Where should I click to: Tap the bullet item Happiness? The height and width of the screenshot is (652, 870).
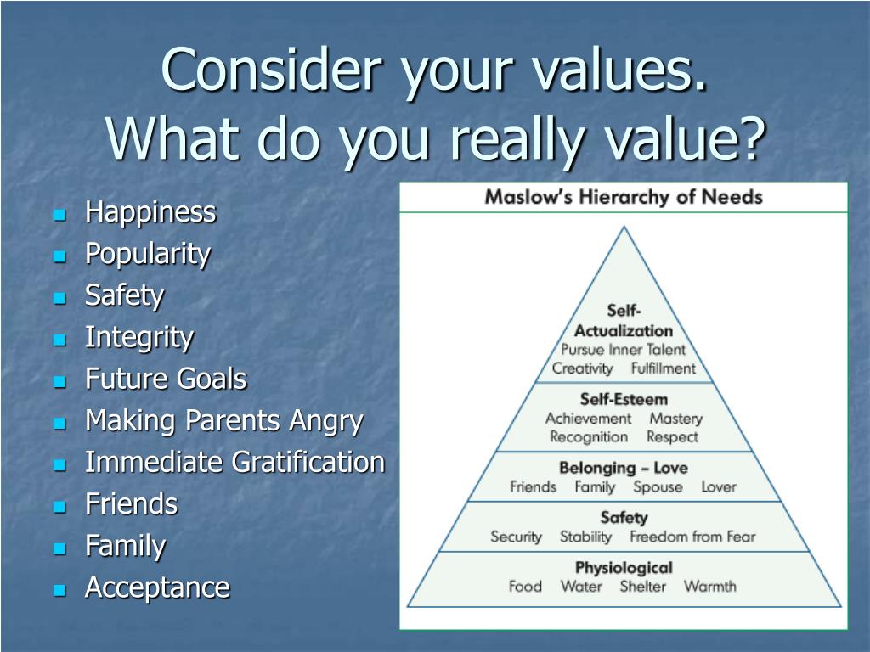point(150,212)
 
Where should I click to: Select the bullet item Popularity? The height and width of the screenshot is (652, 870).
point(148,254)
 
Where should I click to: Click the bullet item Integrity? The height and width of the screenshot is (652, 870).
point(139,337)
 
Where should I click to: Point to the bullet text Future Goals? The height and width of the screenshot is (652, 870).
point(166,379)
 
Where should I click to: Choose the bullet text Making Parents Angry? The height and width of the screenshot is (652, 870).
point(223,420)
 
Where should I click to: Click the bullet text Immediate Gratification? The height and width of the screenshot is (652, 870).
point(234,463)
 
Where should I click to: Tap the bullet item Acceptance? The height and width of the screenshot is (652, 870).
point(157,587)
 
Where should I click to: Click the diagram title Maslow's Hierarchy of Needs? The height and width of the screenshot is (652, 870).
point(623,197)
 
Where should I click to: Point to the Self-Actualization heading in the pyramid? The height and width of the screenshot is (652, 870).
point(624,321)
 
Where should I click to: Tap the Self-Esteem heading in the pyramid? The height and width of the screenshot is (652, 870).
point(624,399)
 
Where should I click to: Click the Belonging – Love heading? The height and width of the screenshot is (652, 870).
point(624,468)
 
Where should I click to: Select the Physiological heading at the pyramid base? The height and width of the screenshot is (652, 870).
point(624,567)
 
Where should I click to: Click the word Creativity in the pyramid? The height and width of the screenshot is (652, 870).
point(582,368)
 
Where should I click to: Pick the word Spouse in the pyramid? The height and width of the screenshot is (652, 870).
point(658,487)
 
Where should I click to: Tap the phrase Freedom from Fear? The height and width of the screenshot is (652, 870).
point(692,537)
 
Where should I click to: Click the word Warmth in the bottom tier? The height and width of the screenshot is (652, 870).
point(710,587)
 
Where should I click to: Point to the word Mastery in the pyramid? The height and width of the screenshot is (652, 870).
point(675,419)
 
